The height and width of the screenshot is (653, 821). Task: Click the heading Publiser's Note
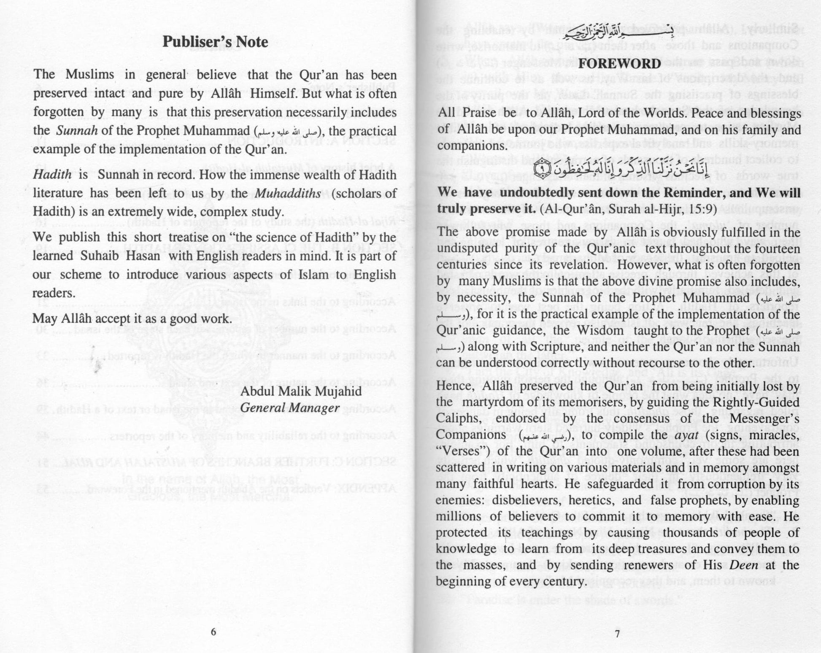click(x=215, y=42)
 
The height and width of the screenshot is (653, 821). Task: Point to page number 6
click(x=213, y=631)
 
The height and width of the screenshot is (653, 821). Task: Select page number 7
click(x=617, y=634)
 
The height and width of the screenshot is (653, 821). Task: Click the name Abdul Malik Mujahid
click(x=301, y=391)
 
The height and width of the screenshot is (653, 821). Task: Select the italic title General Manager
click(x=290, y=408)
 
